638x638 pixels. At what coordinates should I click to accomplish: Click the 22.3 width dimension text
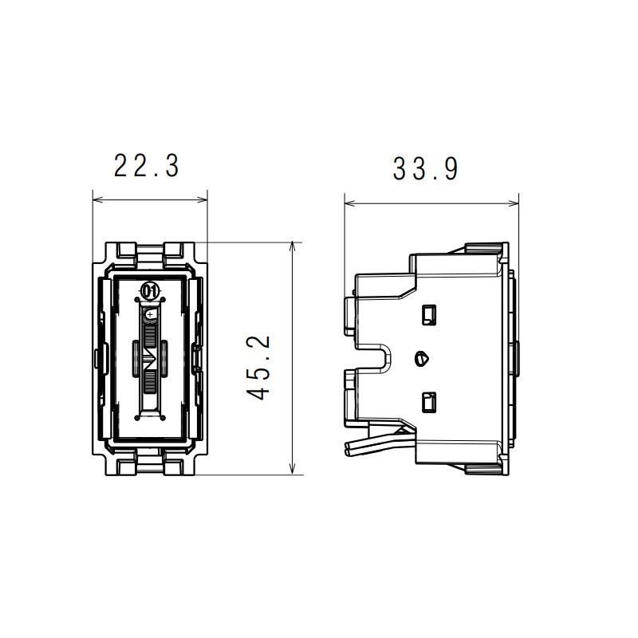click(x=146, y=167)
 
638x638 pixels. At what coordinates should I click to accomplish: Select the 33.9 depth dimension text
click(x=425, y=169)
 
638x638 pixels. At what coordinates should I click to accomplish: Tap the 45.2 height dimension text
click(x=260, y=367)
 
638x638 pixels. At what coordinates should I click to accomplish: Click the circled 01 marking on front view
click(x=149, y=291)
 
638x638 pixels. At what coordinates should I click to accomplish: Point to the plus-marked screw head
click(x=150, y=316)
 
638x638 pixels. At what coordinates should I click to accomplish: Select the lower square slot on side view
click(x=429, y=403)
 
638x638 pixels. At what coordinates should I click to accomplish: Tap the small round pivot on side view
click(x=422, y=358)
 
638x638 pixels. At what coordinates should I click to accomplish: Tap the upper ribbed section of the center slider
click(x=150, y=333)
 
